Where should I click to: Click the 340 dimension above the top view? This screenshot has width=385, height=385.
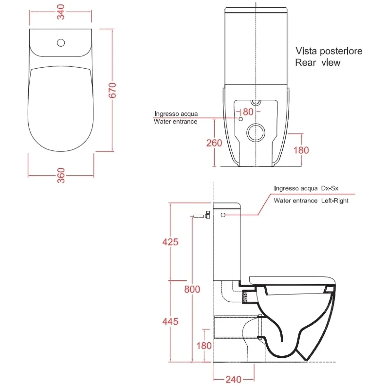61,12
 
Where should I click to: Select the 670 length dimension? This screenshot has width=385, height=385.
112,90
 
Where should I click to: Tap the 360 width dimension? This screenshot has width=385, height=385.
61,175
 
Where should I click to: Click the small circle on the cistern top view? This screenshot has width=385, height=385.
61,43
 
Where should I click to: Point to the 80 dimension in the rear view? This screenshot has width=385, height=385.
248,112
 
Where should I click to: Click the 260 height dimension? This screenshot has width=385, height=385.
214,143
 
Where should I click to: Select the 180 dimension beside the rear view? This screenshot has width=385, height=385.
301,150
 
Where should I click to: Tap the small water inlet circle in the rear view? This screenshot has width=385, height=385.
241,119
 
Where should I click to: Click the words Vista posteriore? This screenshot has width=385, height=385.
329,51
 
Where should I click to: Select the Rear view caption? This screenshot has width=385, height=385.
318,63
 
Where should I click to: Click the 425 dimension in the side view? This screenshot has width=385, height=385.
170,242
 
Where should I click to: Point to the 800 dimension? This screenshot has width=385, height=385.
192,289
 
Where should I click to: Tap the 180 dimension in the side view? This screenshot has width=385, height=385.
204,346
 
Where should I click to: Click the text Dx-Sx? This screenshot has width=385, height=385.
330,188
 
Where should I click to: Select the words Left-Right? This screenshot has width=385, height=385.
335,201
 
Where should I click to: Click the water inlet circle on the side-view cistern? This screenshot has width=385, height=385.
223,215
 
